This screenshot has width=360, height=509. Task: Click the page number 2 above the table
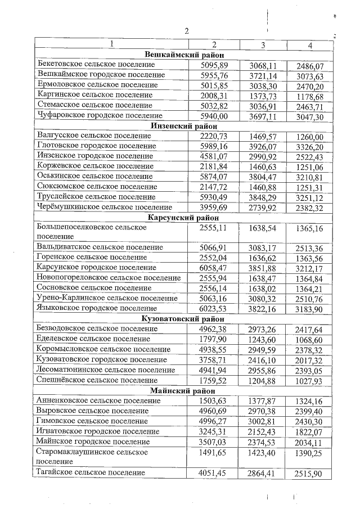[186, 30]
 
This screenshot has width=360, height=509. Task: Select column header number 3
[263, 44]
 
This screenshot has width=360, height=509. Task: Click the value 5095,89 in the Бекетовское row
[214, 66]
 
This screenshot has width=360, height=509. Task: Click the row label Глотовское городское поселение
[94, 146]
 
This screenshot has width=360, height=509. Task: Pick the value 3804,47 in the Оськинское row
[263, 176]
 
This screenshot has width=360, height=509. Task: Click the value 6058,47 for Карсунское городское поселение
[214, 268]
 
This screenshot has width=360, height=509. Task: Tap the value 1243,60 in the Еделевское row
[263, 339]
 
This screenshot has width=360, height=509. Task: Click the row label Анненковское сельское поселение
[98, 400]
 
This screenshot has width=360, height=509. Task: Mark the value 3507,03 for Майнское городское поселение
[214, 442]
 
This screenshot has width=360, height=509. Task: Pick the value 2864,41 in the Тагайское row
[263, 474]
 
